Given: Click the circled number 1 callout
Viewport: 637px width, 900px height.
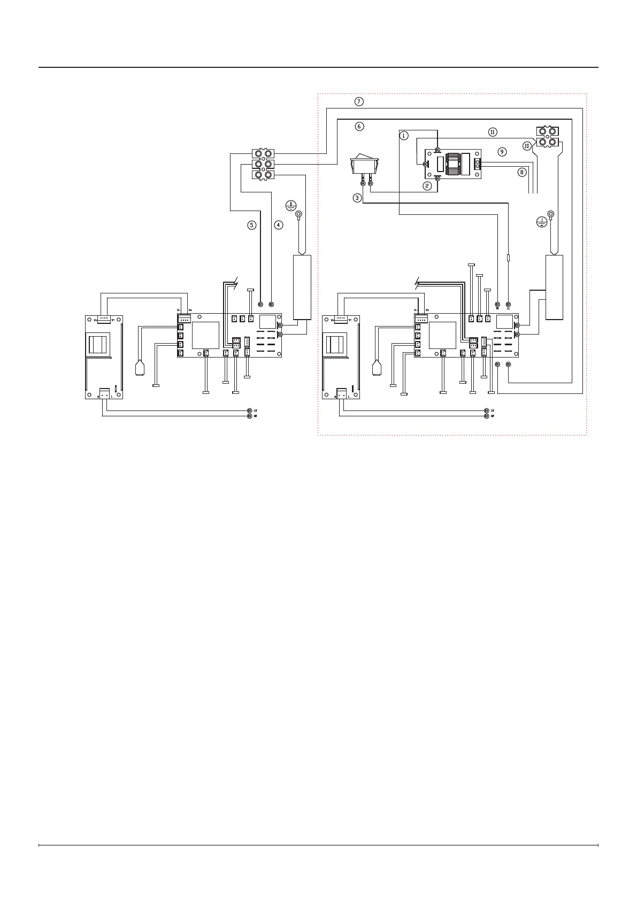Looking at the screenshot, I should tap(404, 136).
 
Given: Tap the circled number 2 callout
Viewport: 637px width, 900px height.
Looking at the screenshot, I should tap(427, 186).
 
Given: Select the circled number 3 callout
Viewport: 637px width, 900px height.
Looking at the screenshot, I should tap(357, 197).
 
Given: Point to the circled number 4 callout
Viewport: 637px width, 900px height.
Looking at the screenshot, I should tap(279, 225).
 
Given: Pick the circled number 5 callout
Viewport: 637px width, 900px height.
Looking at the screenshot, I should tap(251, 225).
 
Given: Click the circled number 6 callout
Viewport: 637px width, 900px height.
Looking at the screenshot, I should tap(359, 127).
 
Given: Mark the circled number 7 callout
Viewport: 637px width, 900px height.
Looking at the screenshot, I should tap(359, 102).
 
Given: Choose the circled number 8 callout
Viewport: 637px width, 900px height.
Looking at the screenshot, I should tap(521, 172).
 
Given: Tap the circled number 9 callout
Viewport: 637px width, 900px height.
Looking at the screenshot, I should tap(502, 152).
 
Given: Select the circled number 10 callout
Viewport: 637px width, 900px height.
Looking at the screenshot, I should tap(527, 145).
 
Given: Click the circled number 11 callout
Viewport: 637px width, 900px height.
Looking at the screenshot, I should tap(493, 131).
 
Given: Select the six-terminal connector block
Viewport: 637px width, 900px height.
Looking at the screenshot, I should tap(263, 164).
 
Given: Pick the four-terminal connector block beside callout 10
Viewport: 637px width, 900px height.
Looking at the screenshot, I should tap(548, 136).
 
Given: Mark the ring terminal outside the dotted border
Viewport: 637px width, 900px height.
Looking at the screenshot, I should tap(299, 215).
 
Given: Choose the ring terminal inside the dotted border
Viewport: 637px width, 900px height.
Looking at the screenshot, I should tap(550, 215).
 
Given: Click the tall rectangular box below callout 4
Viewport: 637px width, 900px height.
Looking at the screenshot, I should tap(302, 287).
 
